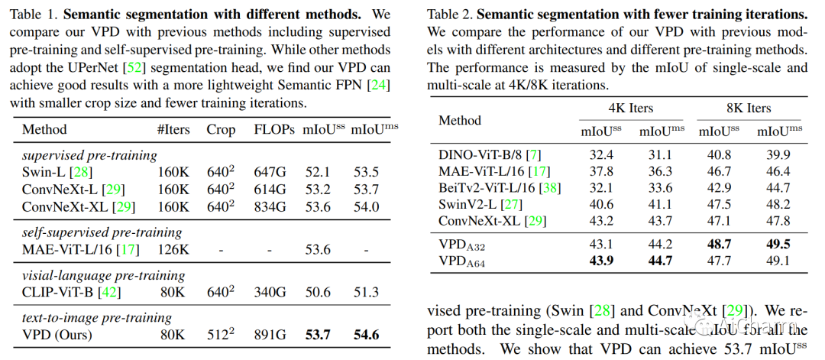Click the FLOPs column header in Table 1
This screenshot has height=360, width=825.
tap(274, 129)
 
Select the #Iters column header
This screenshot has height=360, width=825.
tap(173, 129)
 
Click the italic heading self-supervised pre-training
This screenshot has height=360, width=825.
tap(102, 232)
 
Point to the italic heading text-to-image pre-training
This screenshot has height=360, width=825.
tap(96, 317)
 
